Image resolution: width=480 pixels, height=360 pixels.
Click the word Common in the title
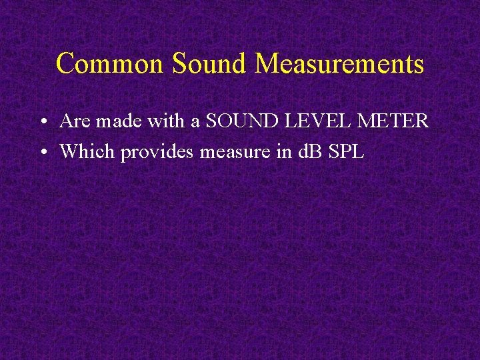point(110,64)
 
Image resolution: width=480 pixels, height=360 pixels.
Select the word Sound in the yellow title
point(209,64)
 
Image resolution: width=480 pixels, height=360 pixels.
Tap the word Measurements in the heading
point(339,64)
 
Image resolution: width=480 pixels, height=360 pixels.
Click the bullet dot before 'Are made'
point(42,123)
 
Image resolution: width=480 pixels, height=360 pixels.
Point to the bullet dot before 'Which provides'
point(42,153)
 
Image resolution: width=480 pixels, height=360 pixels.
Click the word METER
point(393,121)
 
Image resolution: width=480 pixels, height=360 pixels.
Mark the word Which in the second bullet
point(88,151)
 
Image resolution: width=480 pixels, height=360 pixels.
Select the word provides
point(158,153)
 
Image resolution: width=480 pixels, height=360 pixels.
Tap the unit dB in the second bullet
point(309,151)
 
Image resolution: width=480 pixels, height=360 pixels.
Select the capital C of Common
point(65,64)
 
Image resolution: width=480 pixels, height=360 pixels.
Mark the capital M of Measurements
point(267,64)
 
